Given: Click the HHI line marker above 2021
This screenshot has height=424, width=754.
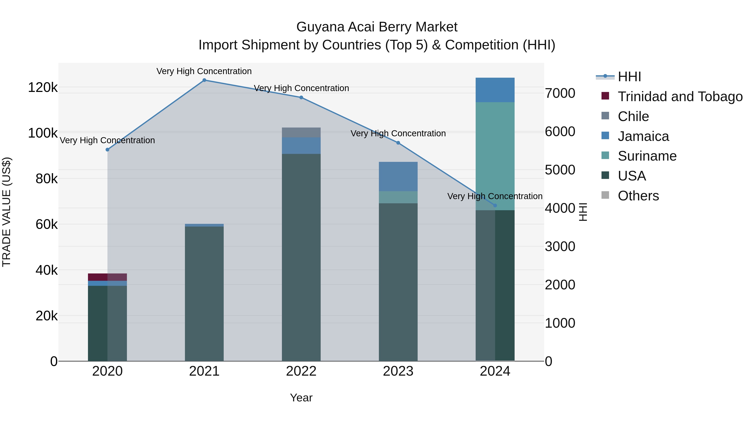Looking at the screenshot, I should tap(204, 80).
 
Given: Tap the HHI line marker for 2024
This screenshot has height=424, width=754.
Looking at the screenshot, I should tap(495, 205).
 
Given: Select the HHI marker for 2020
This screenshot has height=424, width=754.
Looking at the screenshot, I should tap(107, 149).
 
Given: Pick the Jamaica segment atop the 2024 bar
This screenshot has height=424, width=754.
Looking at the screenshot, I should tap(495, 90).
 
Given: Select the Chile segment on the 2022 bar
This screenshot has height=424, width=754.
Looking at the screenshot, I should tap(301, 132).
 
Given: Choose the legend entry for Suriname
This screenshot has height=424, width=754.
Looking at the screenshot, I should tap(647, 156).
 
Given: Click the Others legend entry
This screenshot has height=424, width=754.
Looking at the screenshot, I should tap(638, 196).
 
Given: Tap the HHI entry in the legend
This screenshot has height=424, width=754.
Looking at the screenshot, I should tap(629, 77).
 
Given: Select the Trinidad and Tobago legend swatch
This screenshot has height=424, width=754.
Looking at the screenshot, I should tap(605, 96).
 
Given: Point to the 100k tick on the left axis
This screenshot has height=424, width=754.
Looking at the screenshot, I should tap(43, 133).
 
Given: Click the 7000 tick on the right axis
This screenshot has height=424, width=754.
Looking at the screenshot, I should tap(560, 93).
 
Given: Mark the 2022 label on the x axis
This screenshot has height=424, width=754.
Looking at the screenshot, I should tap(301, 371).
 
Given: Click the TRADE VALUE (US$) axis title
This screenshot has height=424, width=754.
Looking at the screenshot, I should tap(6, 212).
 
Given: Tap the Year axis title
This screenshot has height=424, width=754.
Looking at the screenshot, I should tap(301, 398).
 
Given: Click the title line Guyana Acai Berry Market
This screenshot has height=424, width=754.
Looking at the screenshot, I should tap(377, 27).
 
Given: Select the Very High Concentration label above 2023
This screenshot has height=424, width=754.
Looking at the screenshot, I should tap(398, 133).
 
